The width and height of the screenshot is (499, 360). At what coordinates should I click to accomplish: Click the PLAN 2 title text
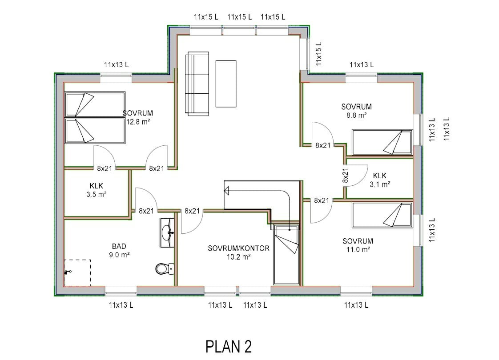click(229, 346)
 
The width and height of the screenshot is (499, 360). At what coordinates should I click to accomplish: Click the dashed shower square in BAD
click(77, 273)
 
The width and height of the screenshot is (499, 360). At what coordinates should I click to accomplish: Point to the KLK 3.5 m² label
click(96, 190)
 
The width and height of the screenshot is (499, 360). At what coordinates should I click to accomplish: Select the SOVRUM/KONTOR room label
click(238, 248)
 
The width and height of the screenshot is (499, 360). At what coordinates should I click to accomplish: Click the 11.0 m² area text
click(358, 250)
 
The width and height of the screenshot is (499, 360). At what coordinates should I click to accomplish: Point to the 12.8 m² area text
click(137, 122)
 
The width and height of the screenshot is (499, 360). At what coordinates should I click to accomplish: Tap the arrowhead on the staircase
click(227, 192)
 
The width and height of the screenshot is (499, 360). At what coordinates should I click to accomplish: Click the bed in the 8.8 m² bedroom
click(382, 142)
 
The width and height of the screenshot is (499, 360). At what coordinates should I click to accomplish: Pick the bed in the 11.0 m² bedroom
click(382, 214)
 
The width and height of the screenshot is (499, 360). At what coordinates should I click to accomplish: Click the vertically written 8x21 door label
click(345, 175)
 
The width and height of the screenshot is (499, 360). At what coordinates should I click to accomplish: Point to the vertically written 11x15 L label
click(318, 53)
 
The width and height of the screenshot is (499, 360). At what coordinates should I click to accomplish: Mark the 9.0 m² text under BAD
click(119, 255)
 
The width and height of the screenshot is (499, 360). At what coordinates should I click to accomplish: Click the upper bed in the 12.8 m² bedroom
click(95, 104)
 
